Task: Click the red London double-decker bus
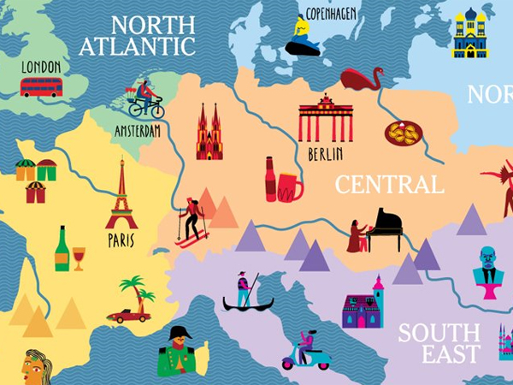pyautogui.click(x=41, y=86)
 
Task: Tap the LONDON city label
pyautogui.click(x=41, y=67)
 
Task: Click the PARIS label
pyautogui.click(x=121, y=241)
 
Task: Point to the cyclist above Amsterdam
pyautogui.click(x=145, y=99)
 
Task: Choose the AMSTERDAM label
pyautogui.click(x=137, y=132)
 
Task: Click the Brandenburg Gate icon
pyautogui.click(x=325, y=120)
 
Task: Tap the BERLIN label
pyautogui.click(x=325, y=155)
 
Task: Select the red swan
pyautogui.click(x=362, y=79)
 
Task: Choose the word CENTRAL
pyautogui.click(x=389, y=185)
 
